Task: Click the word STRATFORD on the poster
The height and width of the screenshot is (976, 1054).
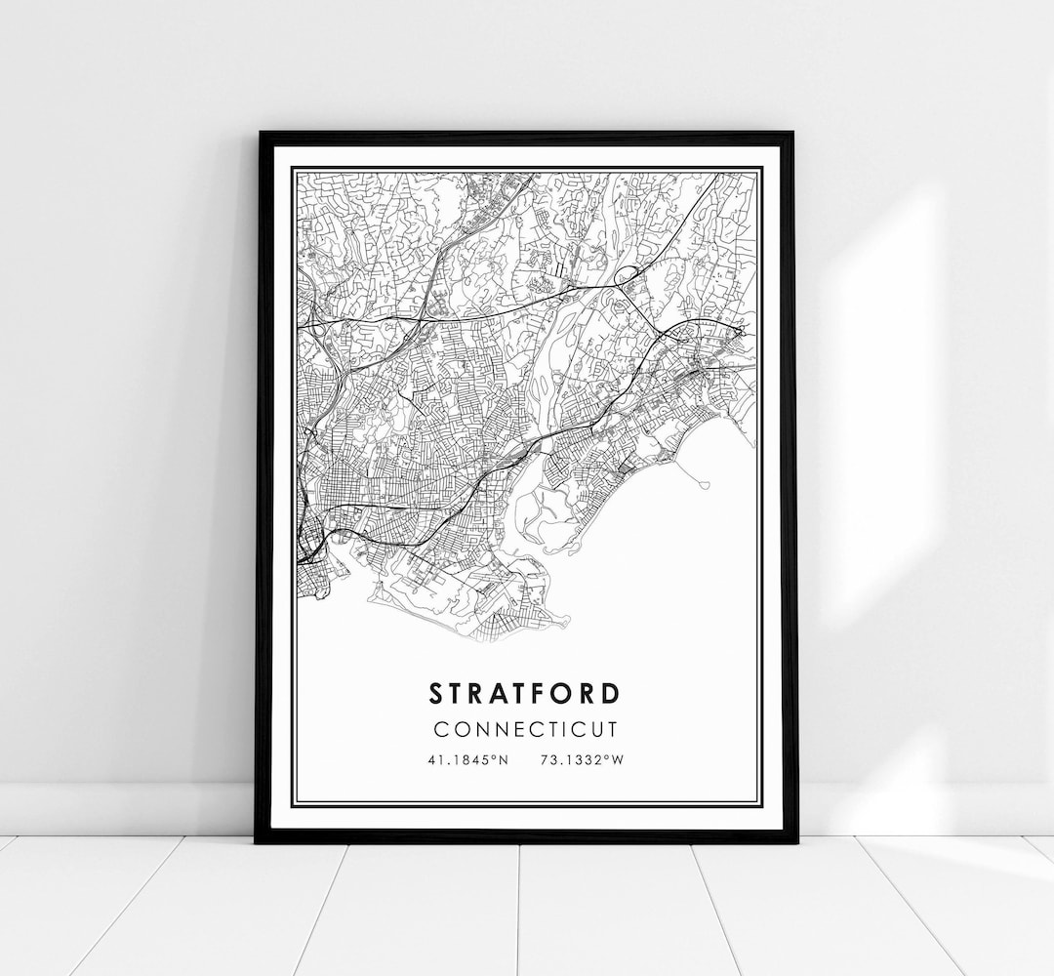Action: click(525, 694)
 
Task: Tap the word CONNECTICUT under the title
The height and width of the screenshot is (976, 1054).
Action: click(525, 729)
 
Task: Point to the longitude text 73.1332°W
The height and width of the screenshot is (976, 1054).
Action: click(581, 760)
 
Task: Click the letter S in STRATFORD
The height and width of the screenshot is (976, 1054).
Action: click(435, 694)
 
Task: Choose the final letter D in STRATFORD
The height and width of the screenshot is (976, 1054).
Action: click(611, 694)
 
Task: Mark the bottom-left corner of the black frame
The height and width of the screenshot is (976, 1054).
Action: click(258, 839)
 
